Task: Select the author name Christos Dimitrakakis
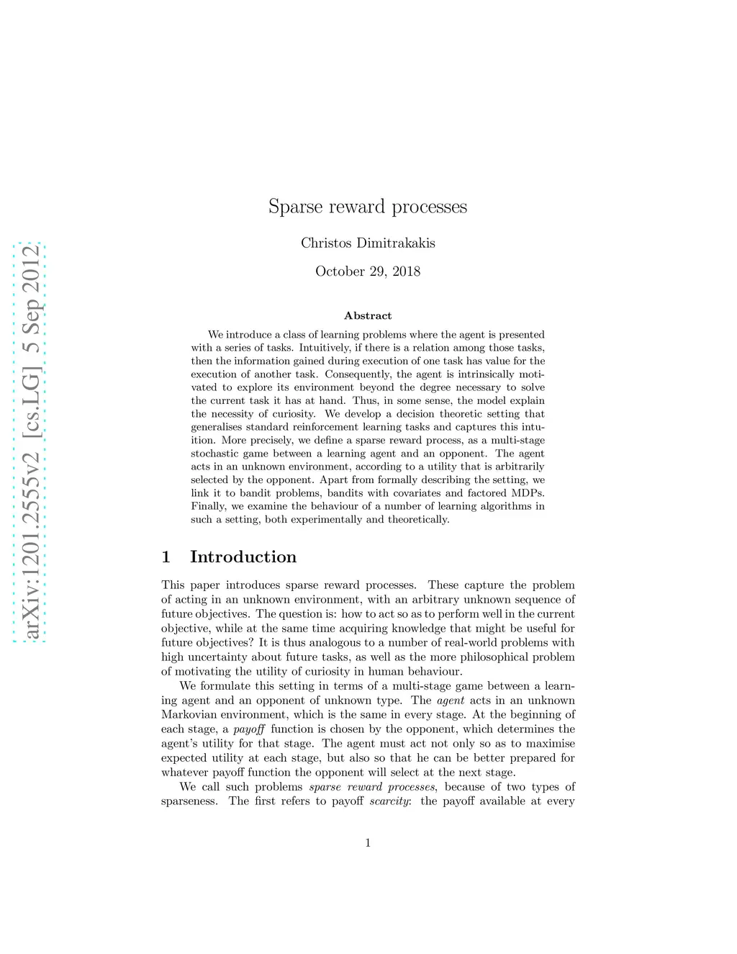tap(368, 243)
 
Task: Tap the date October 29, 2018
tap(368, 271)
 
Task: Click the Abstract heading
tap(368, 315)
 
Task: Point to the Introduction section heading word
tap(243, 557)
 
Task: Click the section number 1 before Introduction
tap(166, 557)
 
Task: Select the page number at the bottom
tap(368, 842)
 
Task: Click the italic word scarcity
tap(389, 801)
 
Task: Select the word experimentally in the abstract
tap(325, 520)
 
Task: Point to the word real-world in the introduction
tap(481, 642)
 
